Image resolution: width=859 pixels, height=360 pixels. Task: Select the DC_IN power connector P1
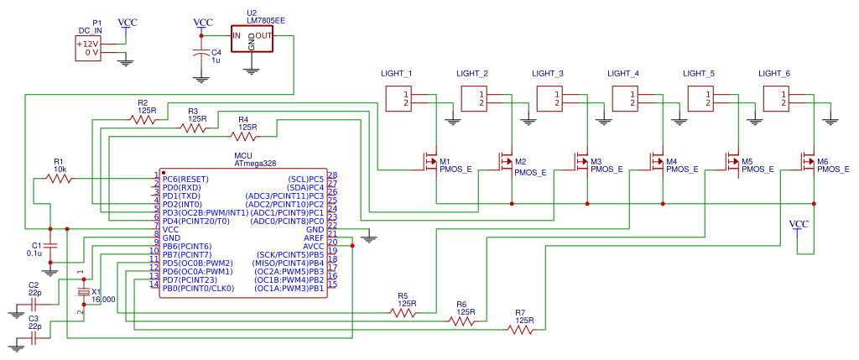point(88,48)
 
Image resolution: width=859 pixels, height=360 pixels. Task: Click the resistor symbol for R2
point(143,120)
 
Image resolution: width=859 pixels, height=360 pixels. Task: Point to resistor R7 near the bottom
point(520,330)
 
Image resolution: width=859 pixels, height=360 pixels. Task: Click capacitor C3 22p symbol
point(34,338)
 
